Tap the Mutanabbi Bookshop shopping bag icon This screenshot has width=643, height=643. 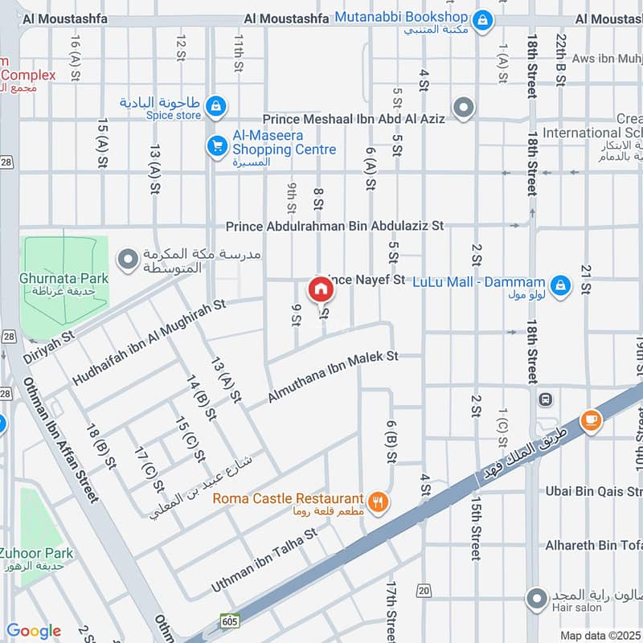pos(482,18)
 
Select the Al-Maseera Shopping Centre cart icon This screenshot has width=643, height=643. pos(216,145)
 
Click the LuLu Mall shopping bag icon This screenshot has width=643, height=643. pos(561,284)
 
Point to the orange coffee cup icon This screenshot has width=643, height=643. pos(592,420)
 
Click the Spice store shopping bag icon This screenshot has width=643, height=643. pos(216,105)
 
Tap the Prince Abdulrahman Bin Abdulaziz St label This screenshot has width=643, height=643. pos(334,227)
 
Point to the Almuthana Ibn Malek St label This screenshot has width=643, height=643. pos(333,379)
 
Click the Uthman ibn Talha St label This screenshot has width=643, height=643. pos(264,560)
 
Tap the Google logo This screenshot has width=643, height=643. pos(34,631)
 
